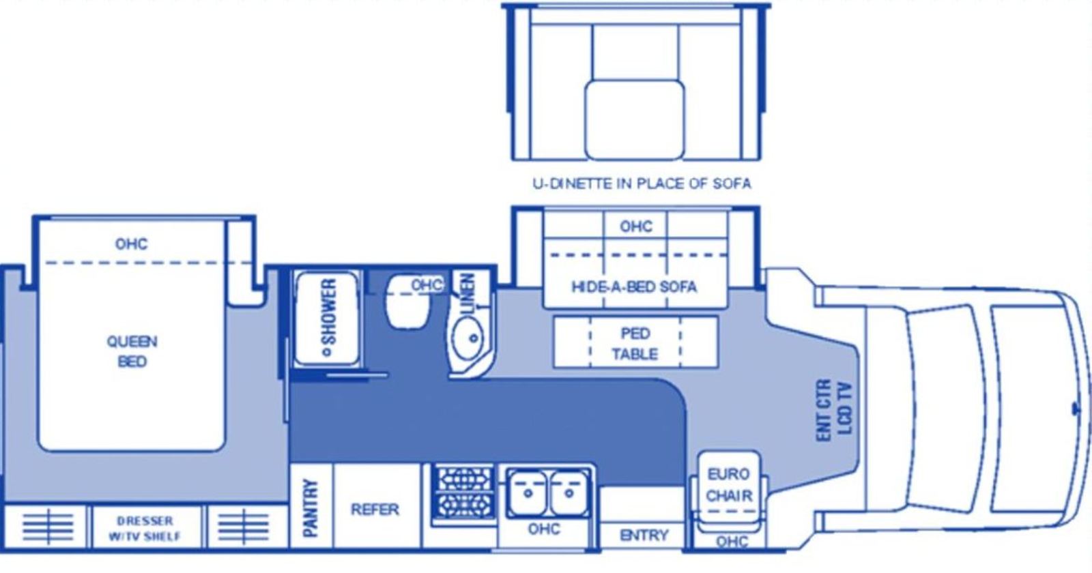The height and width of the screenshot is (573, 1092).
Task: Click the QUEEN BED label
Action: click(132, 351)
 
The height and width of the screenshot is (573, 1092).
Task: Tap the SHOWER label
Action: click(328, 318)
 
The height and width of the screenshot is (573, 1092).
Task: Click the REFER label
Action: click(375, 509)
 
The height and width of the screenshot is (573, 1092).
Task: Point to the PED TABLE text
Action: click(635, 344)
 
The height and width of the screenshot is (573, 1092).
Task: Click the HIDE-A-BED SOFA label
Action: click(634, 286)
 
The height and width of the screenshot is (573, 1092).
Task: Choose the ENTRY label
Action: click(644, 535)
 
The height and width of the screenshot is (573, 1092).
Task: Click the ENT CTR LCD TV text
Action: click(834, 410)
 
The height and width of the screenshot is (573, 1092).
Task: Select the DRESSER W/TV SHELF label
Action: click(144, 529)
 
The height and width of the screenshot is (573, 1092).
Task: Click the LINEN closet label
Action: click(467, 294)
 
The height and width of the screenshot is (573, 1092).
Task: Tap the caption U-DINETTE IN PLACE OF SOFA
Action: click(642, 183)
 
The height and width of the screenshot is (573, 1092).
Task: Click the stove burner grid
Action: click(463, 492)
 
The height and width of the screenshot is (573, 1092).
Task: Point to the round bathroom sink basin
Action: click(467, 337)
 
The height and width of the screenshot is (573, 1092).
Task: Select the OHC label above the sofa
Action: click(635, 226)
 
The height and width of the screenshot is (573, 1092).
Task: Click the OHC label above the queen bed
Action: click(131, 244)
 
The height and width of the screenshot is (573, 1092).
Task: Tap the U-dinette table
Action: click(635, 119)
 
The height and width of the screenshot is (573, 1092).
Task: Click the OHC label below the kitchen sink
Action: click(544, 529)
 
